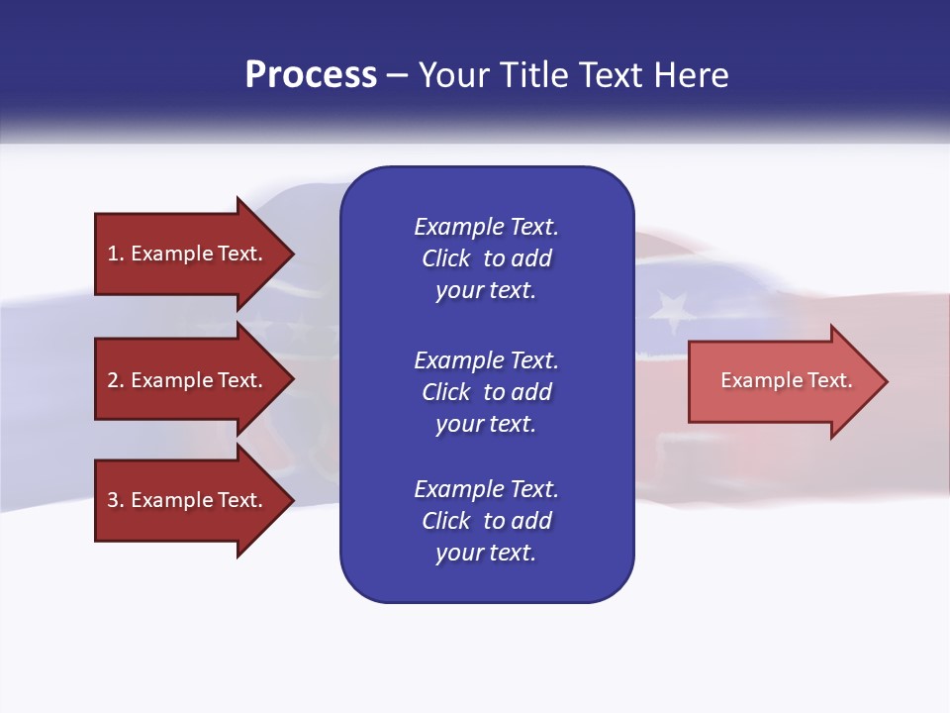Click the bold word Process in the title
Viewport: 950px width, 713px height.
pos(311,75)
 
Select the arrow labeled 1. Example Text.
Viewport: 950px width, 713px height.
pos(186,254)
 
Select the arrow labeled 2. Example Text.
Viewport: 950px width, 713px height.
pos(186,380)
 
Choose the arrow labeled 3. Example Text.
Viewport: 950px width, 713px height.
pos(186,500)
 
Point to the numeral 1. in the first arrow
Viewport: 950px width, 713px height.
pos(116,254)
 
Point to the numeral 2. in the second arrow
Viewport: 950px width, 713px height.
pos(116,380)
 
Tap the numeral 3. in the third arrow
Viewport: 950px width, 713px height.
pos(116,500)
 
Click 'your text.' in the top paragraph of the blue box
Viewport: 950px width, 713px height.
pos(485,291)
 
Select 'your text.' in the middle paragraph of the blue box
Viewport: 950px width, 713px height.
pos(485,424)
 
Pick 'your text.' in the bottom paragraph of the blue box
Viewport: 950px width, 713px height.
pos(485,553)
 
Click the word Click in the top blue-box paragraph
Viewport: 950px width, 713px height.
pos(446,259)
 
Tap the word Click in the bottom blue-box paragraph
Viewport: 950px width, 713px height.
pos(446,521)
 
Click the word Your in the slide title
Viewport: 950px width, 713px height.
pos(453,75)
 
